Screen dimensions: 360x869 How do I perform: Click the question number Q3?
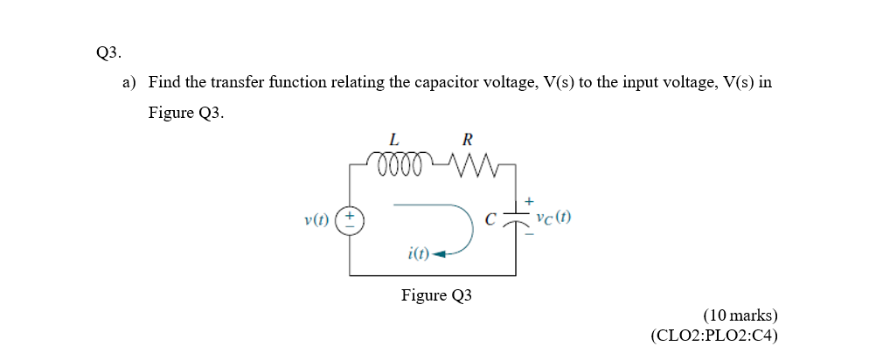click(108, 53)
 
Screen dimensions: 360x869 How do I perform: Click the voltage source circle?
click(350, 218)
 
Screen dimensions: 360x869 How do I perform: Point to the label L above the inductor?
click(394, 139)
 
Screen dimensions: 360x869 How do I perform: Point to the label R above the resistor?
click(467, 139)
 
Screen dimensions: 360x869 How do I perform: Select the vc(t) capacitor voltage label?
click(554, 218)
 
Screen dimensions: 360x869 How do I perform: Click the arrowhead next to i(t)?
click(440, 254)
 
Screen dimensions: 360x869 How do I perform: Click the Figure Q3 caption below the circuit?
click(436, 295)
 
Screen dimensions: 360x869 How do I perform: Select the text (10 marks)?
click(740, 315)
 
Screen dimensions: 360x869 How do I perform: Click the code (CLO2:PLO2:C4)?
click(714, 335)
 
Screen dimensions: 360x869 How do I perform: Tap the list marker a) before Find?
click(129, 83)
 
